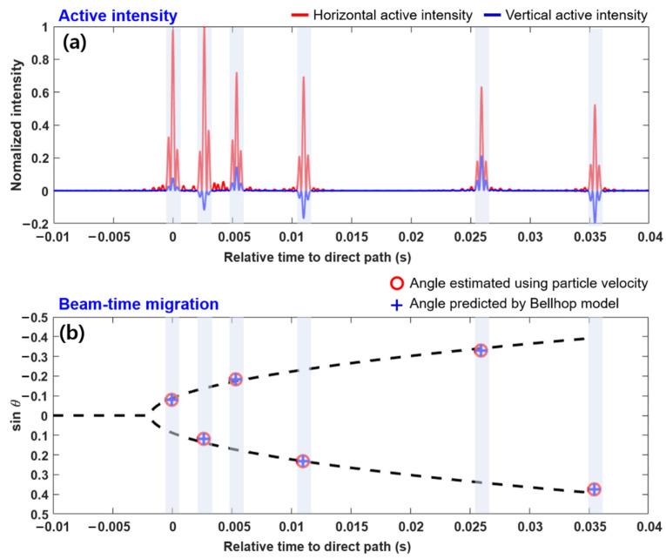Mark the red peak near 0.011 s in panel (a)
point(303,78)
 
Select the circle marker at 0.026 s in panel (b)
point(481,350)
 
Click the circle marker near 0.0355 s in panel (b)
point(594,489)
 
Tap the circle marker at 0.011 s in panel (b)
point(303,461)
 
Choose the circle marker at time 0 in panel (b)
point(172,400)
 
